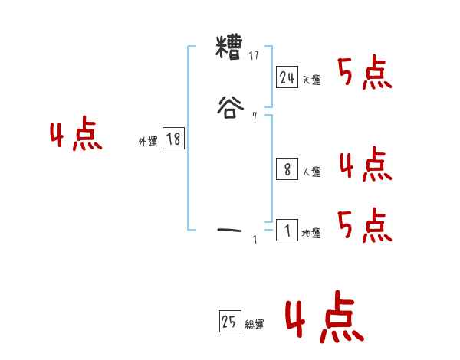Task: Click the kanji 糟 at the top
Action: pyautogui.click(x=231, y=51)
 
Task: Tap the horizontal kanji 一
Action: pyautogui.click(x=231, y=228)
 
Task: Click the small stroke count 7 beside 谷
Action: pyautogui.click(x=255, y=116)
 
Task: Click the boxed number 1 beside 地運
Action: pyautogui.click(x=287, y=230)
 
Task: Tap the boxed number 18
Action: pyautogui.click(x=173, y=139)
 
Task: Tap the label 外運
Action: pyautogui.click(x=148, y=142)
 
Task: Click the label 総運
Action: pyautogui.click(x=255, y=326)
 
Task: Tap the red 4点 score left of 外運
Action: pyautogui.click(x=76, y=136)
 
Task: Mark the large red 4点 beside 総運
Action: pyautogui.click(x=324, y=320)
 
